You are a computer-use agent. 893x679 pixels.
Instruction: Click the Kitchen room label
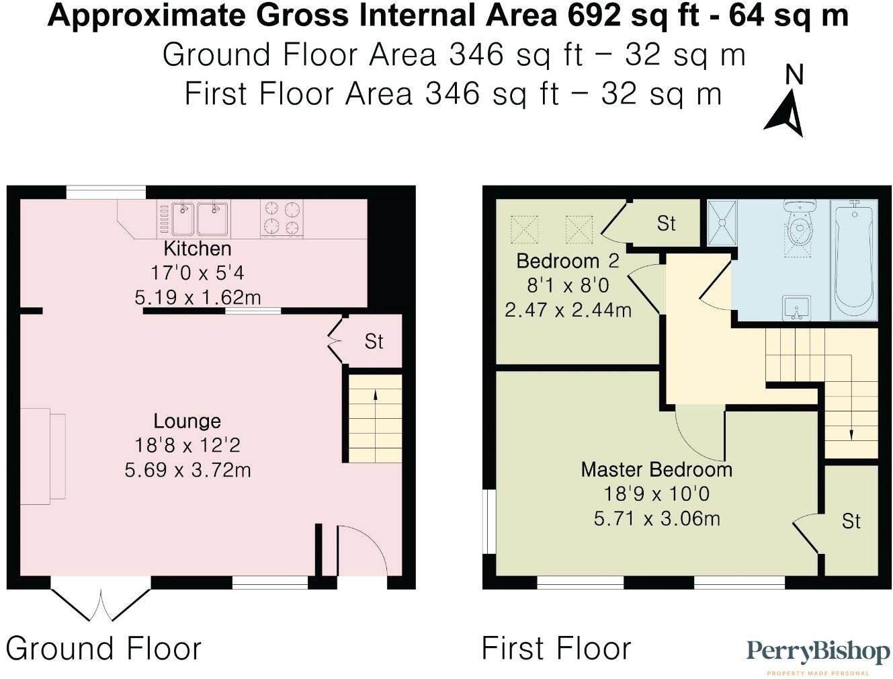pyautogui.click(x=197, y=249)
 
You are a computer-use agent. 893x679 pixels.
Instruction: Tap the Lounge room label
pyautogui.click(x=187, y=422)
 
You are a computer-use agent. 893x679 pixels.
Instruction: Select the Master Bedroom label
pyautogui.click(x=656, y=469)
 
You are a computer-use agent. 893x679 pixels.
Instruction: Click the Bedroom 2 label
pyautogui.click(x=567, y=261)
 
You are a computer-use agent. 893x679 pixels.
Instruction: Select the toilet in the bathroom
pyautogui.click(x=800, y=225)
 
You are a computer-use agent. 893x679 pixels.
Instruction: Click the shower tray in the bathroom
pyautogui.click(x=723, y=223)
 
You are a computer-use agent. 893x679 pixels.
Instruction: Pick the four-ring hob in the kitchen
pyautogui.click(x=282, y=217)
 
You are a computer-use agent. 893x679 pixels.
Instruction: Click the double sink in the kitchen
pyautogui.click(x=194, y=218)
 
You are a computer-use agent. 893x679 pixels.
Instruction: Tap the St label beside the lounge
pyautogui.click(x=374, y=342)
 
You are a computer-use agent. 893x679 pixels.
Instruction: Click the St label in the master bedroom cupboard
pyautogui.click(x=851, y=521)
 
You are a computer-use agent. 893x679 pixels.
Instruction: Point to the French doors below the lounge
pyautogui.click(x=101, y=603)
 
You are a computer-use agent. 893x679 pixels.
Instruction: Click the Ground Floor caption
pyautogui.click(x=103, y=649)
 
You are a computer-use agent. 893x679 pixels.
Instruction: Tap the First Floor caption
pyautogui.click(x=556, y=649)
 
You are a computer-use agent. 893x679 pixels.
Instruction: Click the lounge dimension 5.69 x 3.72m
pyautogui.click(x=187, y=469)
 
